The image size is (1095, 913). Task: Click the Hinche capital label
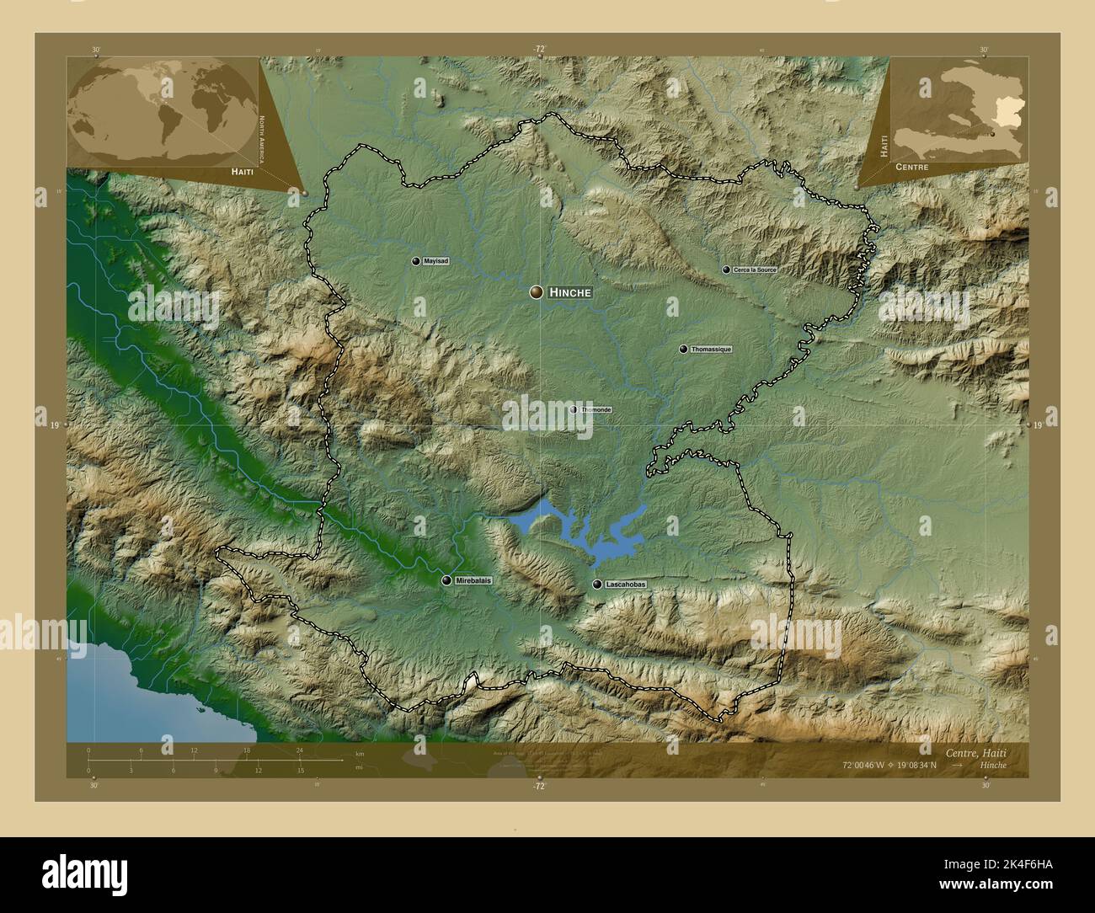point(570,292)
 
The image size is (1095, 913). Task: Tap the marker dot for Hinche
point(536,292)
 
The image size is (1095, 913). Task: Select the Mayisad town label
point(436,261)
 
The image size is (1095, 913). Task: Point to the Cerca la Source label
point(755,270)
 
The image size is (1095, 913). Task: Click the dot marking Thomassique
point(683,349)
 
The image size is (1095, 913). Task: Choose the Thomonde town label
point(596,409)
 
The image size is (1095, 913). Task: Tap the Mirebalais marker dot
point(446,580)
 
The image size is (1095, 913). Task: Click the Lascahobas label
point(625,584)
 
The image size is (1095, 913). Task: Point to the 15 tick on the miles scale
point(300,768)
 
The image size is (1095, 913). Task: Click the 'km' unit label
point(360,753)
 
